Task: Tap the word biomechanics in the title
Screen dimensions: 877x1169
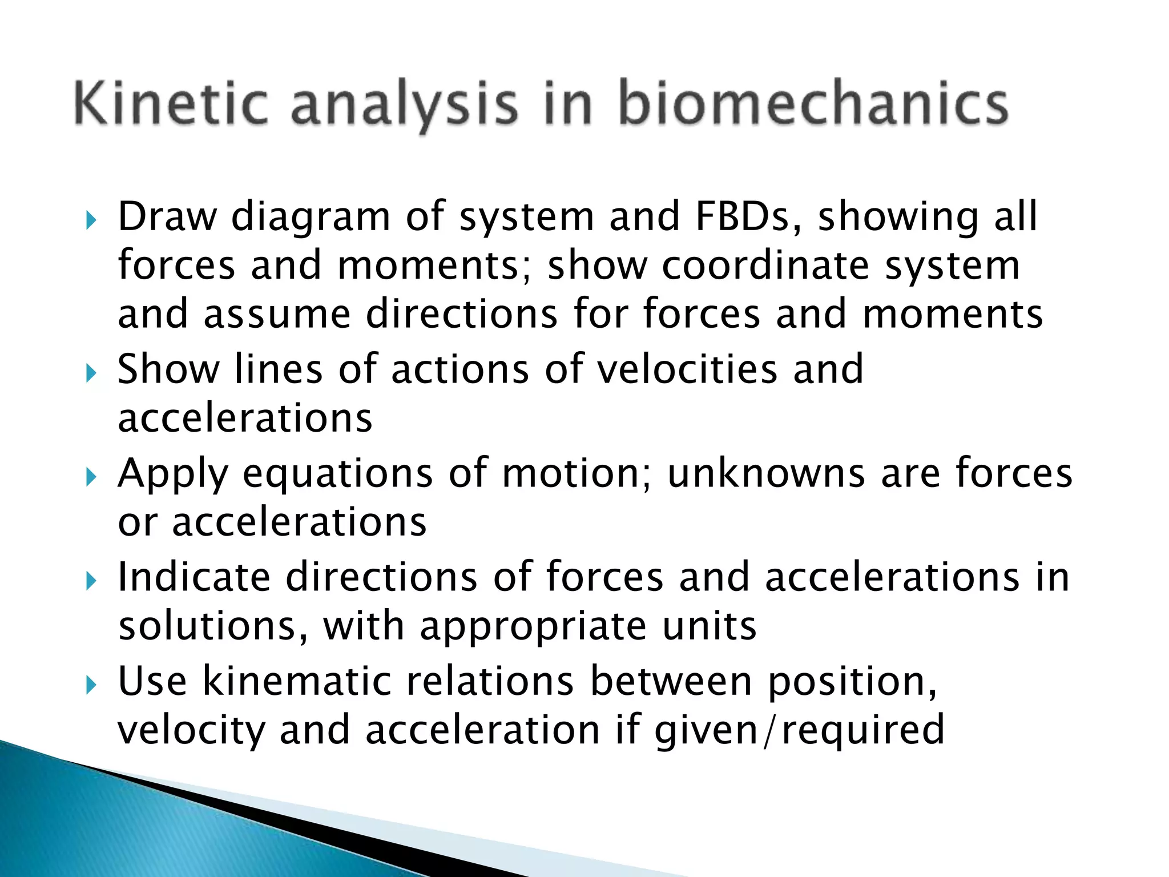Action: point(813,104)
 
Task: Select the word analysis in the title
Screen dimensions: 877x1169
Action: point(404,106)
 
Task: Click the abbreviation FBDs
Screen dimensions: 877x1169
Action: point(748,217)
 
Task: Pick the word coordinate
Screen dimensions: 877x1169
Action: point(765,266)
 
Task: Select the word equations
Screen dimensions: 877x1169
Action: point(337,475)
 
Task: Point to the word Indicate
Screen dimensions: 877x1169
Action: point(194,577)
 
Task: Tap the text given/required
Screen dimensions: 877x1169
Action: point(799,731)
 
